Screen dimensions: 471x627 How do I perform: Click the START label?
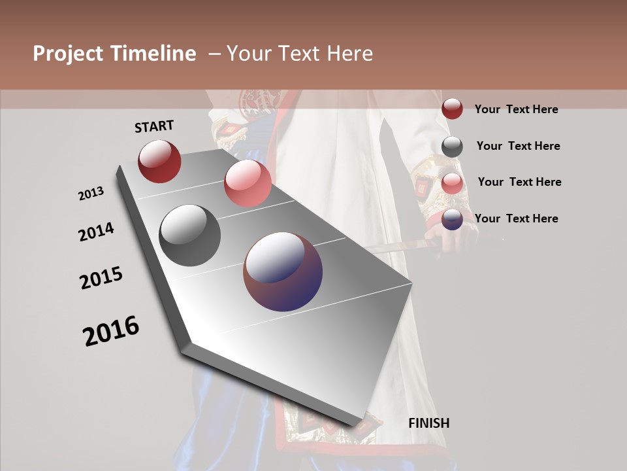(x=154, y=126)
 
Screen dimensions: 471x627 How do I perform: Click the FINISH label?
(x=428, y=423)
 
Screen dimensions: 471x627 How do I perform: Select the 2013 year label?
(x=91, y=194)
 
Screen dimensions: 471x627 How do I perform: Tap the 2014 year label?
(x=96, y=232)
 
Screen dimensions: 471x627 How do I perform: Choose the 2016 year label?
(x=111, y=331)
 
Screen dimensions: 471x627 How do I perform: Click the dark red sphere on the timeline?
(x=159, y=161)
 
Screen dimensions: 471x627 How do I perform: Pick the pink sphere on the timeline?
(x=248, y=183)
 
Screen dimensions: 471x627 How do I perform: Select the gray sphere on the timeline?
(x=190, y=235)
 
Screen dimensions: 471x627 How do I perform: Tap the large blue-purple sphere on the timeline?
(x=283, y=271)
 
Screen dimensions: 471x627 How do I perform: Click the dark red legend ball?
(x=452, y=109)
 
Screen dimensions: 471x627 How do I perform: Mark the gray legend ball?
(x=452, y=146)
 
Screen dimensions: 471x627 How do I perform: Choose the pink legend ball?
(x=452, y=183)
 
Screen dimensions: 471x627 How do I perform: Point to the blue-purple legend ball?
(x=452, y=219)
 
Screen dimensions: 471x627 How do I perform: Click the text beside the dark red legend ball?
(x=516, y=109)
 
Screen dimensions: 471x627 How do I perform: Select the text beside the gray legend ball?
(x=518, y=146)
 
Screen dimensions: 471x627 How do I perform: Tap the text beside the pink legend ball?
(x=519, y=182)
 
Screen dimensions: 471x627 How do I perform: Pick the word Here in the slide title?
(x=350, y=54)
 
